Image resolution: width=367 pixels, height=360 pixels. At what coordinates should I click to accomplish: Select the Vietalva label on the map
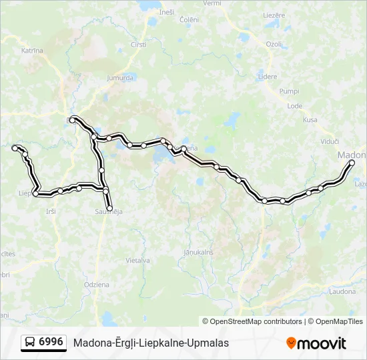click(137, 261)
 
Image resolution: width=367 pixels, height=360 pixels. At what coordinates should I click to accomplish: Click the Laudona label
click(342, 291)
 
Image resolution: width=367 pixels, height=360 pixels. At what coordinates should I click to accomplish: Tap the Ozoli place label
click(274, 44)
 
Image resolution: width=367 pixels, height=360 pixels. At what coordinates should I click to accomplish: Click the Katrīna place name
click(32, 51)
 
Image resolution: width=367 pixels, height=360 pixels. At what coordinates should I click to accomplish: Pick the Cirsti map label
click(139, 44)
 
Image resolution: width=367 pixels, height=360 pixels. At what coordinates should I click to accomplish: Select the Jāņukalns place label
click(198, 252)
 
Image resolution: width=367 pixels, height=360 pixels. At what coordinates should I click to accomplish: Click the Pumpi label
click(290, 91)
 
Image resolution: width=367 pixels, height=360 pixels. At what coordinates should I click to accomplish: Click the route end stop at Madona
click(352, 163)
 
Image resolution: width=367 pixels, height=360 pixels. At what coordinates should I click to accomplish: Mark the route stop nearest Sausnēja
click(110, 208)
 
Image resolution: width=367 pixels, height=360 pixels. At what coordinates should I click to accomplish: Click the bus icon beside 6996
click(30, 343)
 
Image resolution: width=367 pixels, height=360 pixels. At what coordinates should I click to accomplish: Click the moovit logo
click(316, 343)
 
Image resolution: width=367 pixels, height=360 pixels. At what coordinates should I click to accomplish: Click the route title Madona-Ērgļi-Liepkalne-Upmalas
click(151, 343)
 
